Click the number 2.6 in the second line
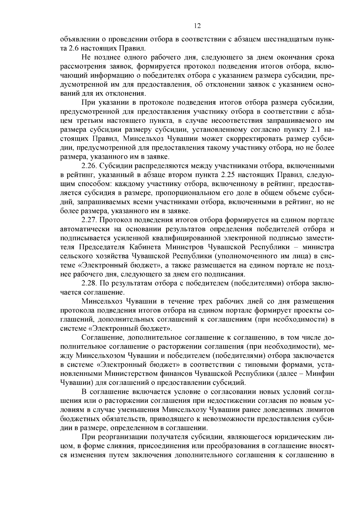tap(76, 48)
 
